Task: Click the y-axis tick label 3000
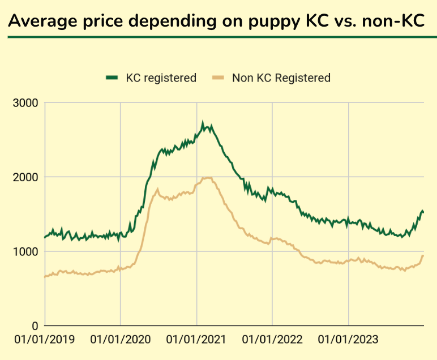[25, 103]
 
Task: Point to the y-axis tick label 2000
[25, 177]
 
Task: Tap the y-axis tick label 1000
[25, 251]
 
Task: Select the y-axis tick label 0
[33, 326]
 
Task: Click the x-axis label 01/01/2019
[45, 340]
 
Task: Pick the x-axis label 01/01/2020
[121, 340]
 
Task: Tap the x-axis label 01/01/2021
[196, 340]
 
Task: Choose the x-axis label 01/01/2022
[272, 340]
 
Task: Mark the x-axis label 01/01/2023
[348, 340]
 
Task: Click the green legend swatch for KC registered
[112, 78]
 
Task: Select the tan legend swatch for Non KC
[218, 78]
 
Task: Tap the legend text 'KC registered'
[161, 78]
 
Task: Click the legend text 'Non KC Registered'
[281, 78]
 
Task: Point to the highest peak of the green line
[203, 122]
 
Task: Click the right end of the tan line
[422, 256]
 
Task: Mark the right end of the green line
[423, 212]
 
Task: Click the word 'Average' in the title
[41, 20]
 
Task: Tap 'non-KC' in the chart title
[393, 20]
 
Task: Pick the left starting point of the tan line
[45, 277]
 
